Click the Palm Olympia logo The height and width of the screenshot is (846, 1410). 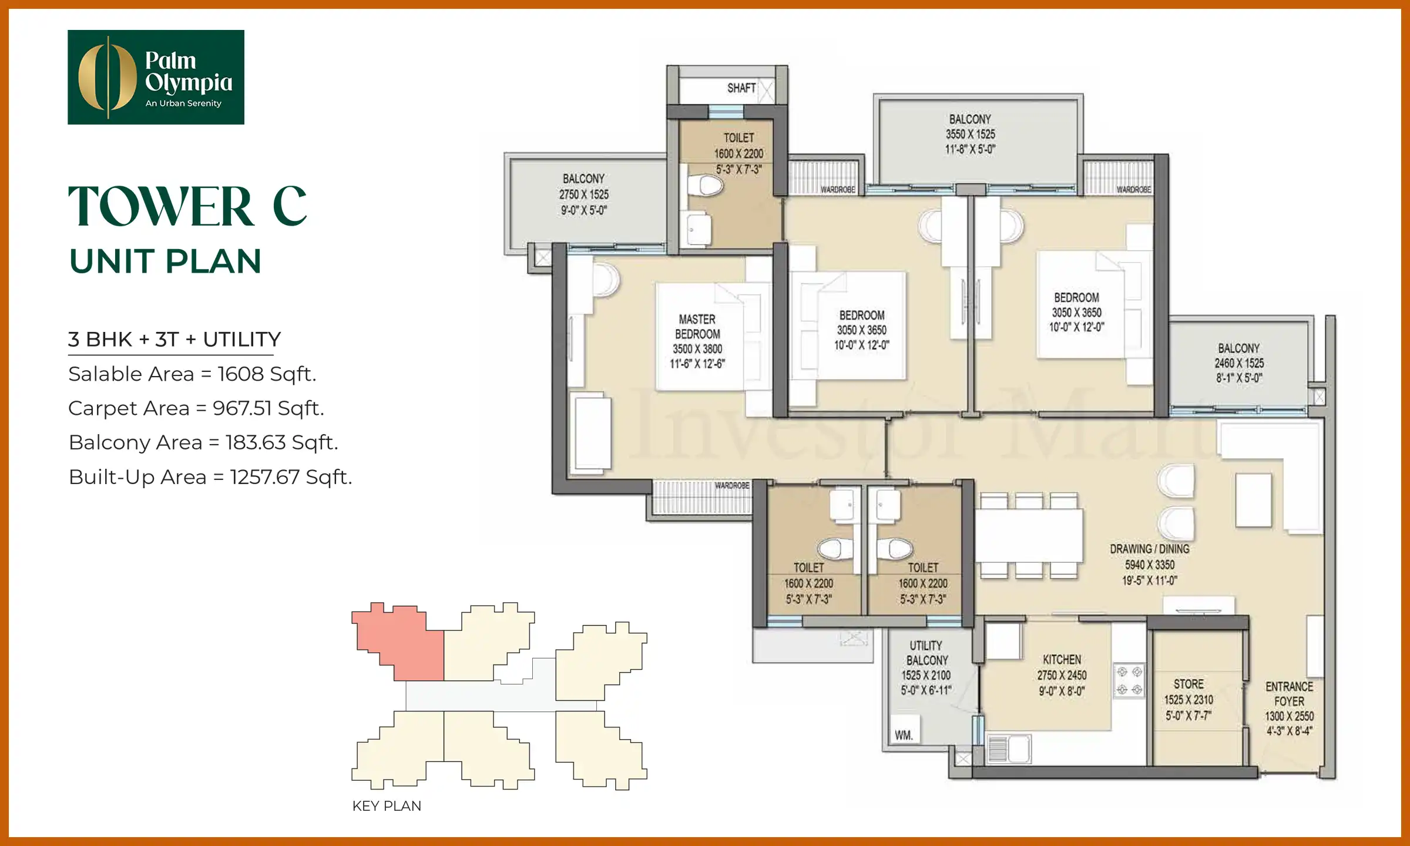(x=156, y=77)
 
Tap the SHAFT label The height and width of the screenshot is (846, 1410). (x=741, y=88)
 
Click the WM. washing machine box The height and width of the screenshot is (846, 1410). (x=904, y=733)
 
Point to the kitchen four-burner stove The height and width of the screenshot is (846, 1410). (x=1129, y=680)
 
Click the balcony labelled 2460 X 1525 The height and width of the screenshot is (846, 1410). (x=1238, y=362)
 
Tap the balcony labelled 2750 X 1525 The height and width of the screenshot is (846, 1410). (x=583, y=194)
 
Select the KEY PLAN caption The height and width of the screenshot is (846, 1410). (x=387, y=805)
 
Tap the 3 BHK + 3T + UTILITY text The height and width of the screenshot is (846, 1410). (x=174, y=340)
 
